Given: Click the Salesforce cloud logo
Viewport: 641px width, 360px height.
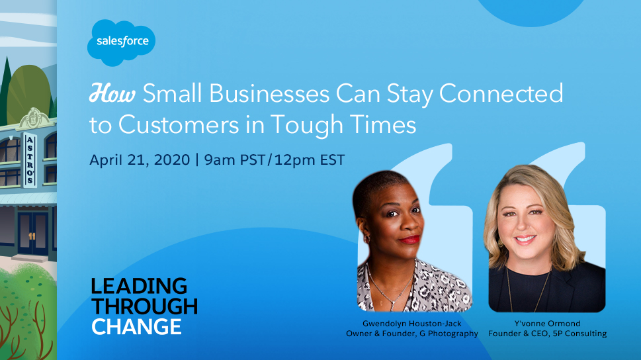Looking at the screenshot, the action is pos(122,42).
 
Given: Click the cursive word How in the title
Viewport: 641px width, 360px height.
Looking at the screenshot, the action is pos(112,93).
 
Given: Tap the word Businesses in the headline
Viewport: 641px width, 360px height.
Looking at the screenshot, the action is pos(269,93).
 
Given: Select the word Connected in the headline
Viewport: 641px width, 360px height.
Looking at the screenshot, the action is pos(501,93).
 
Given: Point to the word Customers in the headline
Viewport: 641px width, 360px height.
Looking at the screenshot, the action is pos(179,124).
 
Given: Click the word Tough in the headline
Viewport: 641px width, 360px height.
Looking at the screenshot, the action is pos(306,125).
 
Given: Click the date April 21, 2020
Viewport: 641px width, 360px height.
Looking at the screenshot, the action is pos(140,160).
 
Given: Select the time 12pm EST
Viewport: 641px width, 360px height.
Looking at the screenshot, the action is pos(310,159).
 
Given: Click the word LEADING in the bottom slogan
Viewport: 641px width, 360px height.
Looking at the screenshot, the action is pos(139,287).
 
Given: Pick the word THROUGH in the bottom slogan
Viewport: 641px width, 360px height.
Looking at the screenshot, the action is pos(145,306).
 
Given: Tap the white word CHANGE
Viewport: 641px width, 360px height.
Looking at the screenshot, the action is pos(136,326).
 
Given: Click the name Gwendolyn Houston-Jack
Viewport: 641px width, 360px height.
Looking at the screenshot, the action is pos(411,324).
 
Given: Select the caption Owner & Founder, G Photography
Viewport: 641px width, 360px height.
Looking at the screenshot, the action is pos(411,334).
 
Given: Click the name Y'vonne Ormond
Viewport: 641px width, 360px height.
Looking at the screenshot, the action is pos(547,324).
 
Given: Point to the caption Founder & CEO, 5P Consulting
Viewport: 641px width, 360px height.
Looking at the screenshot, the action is pos(547,334).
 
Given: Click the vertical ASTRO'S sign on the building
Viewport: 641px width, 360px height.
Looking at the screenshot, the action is pos(30,160).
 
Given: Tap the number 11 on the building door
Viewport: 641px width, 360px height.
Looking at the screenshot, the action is pos(32,236).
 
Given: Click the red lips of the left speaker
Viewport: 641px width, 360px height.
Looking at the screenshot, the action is pos(409,240).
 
